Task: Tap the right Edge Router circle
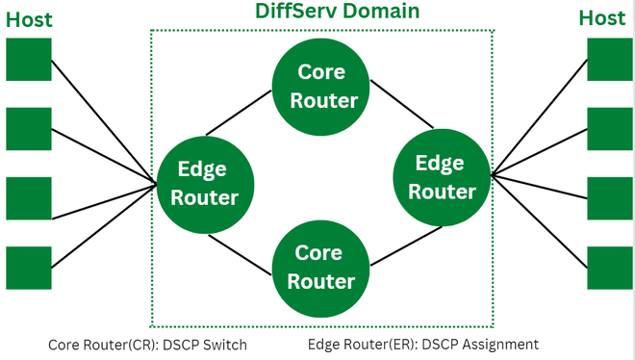tap(442, 177)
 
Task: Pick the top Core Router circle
tap(322, 86)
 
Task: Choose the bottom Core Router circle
tap(322, 267)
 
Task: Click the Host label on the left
tap(30, 18)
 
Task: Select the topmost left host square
tap(29, 60)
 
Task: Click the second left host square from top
tap(29, 129)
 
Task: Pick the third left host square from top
tap(29, 198)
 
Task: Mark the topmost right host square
tap(610, 60)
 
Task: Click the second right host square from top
tap(610, 129)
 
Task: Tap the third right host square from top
tap(610, 198)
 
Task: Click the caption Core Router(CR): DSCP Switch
tap(147, 344)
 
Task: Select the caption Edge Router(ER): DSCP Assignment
tap(423, 344)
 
